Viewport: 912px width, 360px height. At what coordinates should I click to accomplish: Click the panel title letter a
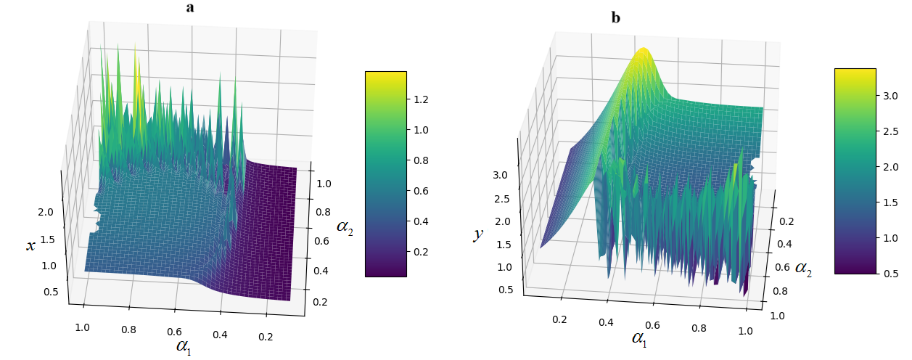click(x=190, y=8)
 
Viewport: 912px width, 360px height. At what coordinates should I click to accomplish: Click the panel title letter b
click(x=616, y=17)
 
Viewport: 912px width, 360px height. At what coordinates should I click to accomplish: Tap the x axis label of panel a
click(x=30, y=246)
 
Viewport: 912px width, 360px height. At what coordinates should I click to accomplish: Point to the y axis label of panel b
click(x=479, y=234)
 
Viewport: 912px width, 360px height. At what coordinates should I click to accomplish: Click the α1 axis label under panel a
click(x=185, y=345)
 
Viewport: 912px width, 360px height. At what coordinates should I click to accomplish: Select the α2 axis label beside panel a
click(x=345, y=226)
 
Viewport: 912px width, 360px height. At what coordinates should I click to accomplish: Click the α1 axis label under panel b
click(x=640, y=338)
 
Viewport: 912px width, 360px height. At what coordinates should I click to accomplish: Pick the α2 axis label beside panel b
click(x=803, y=269)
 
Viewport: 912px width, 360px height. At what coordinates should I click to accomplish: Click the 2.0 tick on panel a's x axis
click(x=45, y=213)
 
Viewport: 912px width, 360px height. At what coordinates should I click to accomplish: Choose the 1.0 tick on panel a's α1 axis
click(x=83, y=327)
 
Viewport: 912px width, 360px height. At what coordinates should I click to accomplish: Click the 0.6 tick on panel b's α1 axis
click(x=653, y=326)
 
